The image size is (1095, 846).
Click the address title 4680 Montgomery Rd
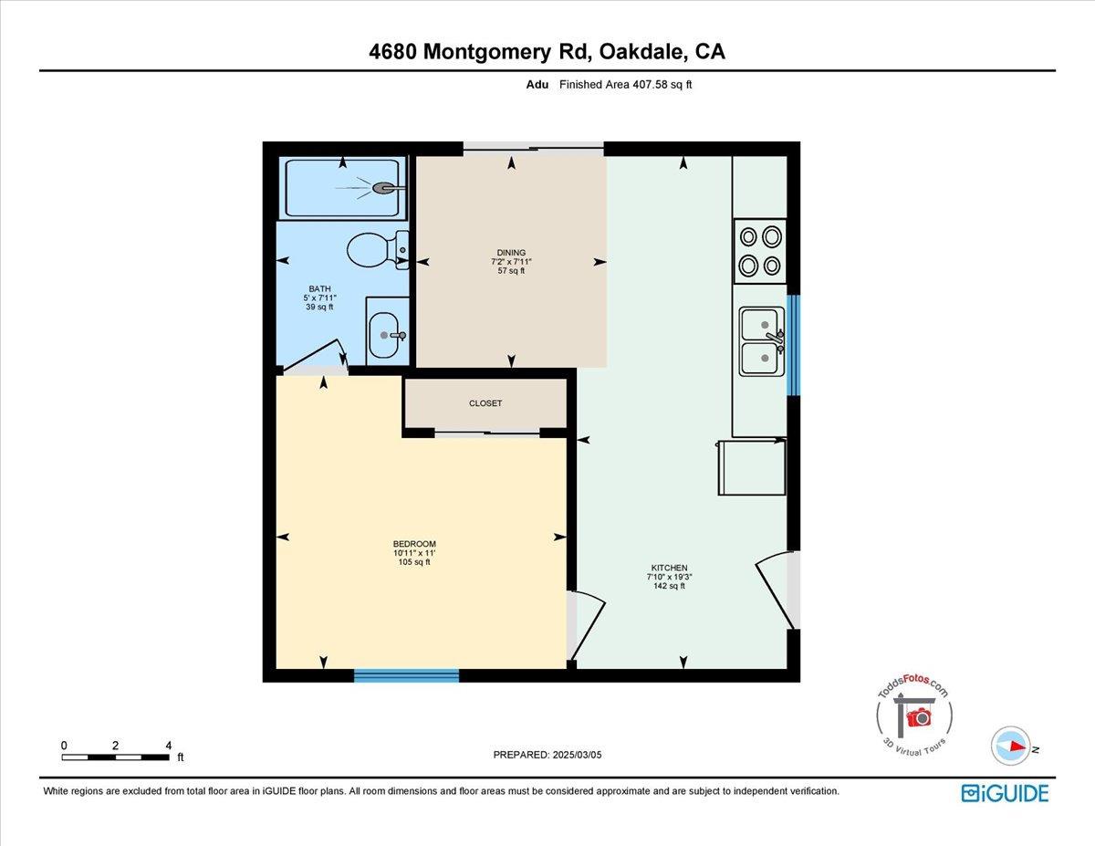pyautogui.click(x=547, y=52)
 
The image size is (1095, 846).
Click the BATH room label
pyautogui.click(x=319, y=298)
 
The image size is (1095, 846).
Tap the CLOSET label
pyautogui.click(x=485, y=403)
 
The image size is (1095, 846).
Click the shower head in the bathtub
pyautogui.click(x=385, y=188)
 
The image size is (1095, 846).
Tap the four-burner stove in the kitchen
pyautogui.click(x=760, y=251)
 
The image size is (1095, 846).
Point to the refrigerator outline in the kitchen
pyautogui.click(x=752, y=467)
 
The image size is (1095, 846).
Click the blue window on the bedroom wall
pyautogui.click(x=406, y=675)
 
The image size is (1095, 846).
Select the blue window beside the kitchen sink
pyautogui.click(x=793, y=345)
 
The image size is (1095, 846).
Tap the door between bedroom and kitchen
pyautogui.click(x=587, y=625)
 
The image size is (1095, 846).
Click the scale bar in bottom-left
pyautogui.click(x=115, y=757)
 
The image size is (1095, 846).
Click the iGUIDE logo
pyautogui.click(x=1005, y=793)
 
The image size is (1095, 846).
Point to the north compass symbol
pyautogui.click(x=1010, y=746)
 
